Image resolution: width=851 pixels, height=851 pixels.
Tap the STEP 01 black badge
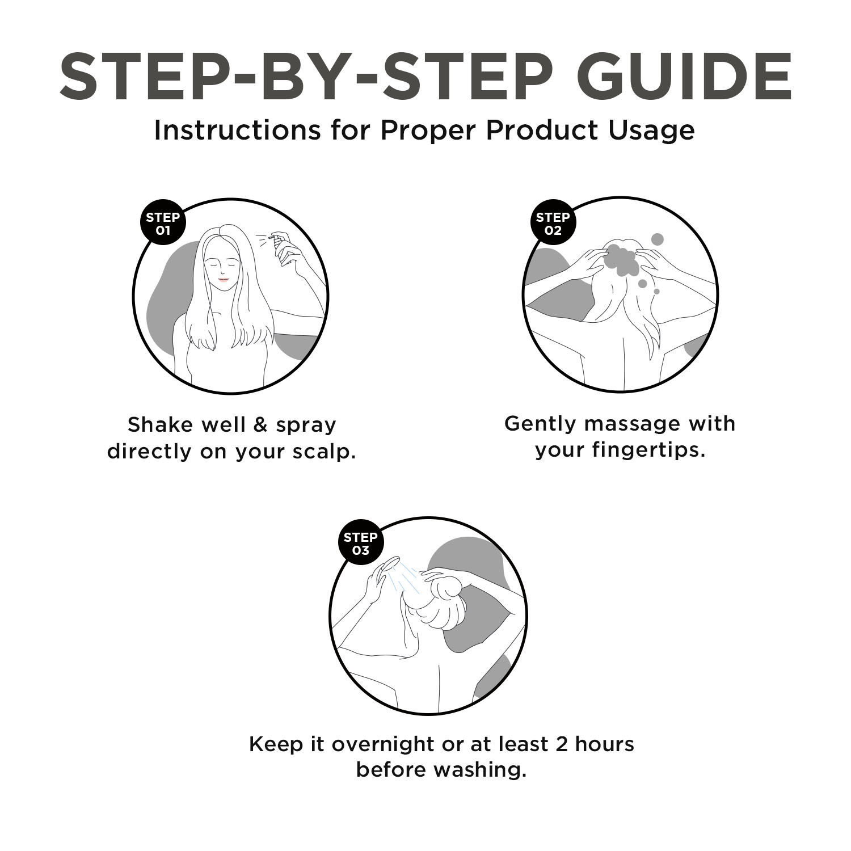click(x=163, y=224)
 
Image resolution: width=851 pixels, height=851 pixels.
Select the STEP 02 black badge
click(x=553, y=224)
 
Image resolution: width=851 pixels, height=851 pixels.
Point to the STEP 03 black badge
click(x=360, y=544)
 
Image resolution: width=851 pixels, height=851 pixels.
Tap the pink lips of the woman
click(x=224, y=280)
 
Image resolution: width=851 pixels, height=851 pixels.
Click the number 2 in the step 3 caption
click(x=562, y=743)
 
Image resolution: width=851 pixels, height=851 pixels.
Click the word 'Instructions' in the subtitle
click(x=237, y=130)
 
